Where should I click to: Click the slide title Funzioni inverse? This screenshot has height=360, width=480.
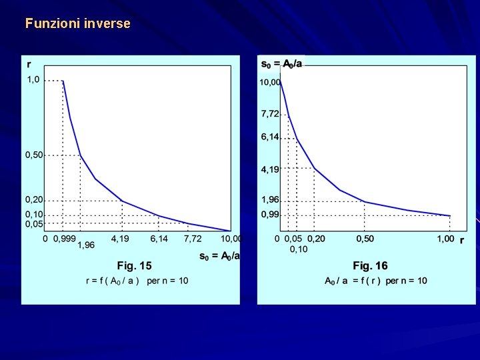[78, 23]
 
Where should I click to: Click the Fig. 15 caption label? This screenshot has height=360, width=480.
[135, 265]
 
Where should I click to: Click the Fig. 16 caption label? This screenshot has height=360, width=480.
[370, 265]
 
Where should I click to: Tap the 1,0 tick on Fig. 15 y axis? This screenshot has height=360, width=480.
[33, 80]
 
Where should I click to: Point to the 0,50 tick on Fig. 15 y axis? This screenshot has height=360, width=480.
[34, 155]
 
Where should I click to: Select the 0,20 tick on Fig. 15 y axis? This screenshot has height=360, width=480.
[34, 200]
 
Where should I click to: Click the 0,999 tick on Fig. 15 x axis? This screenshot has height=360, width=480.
[64, 238]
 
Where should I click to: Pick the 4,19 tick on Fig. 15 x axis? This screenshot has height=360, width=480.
[120, 238]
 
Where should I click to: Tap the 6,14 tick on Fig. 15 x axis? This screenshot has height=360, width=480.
[159, 238]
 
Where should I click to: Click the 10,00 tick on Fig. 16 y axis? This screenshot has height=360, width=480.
[270, 83]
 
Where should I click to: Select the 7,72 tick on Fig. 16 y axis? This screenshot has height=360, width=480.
[270, 114]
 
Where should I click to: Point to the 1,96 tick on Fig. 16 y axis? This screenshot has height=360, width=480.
[270, 199]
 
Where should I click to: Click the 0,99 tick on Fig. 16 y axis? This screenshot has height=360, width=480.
[270, 215]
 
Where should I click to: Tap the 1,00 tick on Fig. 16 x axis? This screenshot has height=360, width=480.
[445, 239]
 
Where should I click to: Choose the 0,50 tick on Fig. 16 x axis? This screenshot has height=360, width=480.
[365, 239]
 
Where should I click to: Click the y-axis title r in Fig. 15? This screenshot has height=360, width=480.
[29, 65]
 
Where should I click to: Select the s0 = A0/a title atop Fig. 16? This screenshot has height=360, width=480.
[281, 64]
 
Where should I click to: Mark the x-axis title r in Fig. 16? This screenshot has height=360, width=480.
[462, 239]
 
